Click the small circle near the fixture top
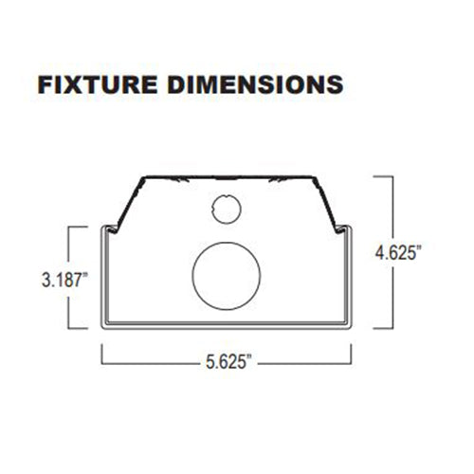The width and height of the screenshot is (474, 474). (226, 208)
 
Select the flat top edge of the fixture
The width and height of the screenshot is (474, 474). (228, 177)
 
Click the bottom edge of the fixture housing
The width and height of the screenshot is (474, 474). (228, 327)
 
